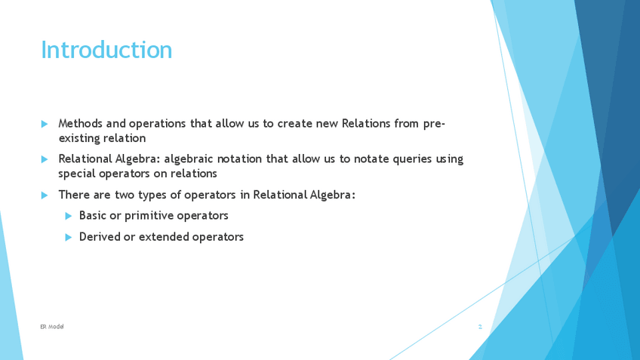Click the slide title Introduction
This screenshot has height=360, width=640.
(x=106, y=50)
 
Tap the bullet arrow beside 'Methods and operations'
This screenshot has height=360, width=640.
(x=45, y=124)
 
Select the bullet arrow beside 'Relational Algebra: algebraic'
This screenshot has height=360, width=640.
(x=45, y=159)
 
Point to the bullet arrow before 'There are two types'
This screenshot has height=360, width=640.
(x=45, y=195)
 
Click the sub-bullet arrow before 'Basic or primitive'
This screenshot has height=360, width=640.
(x=69, y=216)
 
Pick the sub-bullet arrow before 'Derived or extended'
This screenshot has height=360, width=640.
(x=69, y=237)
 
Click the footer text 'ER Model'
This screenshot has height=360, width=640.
(x=52, y=327)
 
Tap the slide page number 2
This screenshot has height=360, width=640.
(x=480, y=327)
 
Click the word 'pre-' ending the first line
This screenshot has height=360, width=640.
(x=434, y=124)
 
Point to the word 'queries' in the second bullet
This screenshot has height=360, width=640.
(x=412, y=158)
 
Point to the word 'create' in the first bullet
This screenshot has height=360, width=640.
(x=294, y=124)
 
